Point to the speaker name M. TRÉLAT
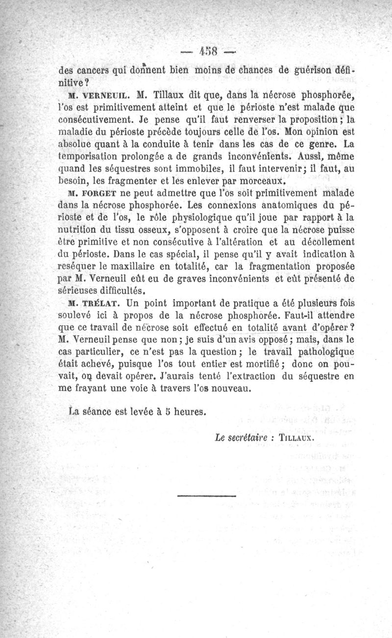point(80,302)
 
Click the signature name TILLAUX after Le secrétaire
point(293,439)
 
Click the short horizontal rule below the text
point(199,498)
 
